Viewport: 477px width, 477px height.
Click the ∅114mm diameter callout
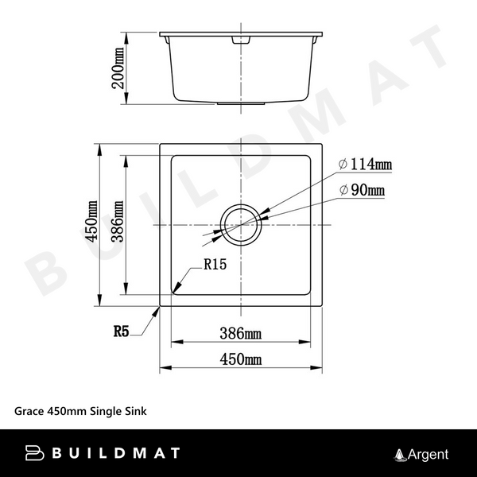pos(365,165)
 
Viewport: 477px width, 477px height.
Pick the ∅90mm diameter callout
pos(362,190)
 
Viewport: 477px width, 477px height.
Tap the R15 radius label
pos(215,266)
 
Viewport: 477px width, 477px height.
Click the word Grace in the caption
pos(29,412)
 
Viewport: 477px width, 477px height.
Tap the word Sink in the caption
pos(134,412)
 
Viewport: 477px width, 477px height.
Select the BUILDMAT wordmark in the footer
pos(115,454)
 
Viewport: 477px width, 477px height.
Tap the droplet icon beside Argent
pos(400,455)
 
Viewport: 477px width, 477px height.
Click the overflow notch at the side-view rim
pos(239,38)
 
